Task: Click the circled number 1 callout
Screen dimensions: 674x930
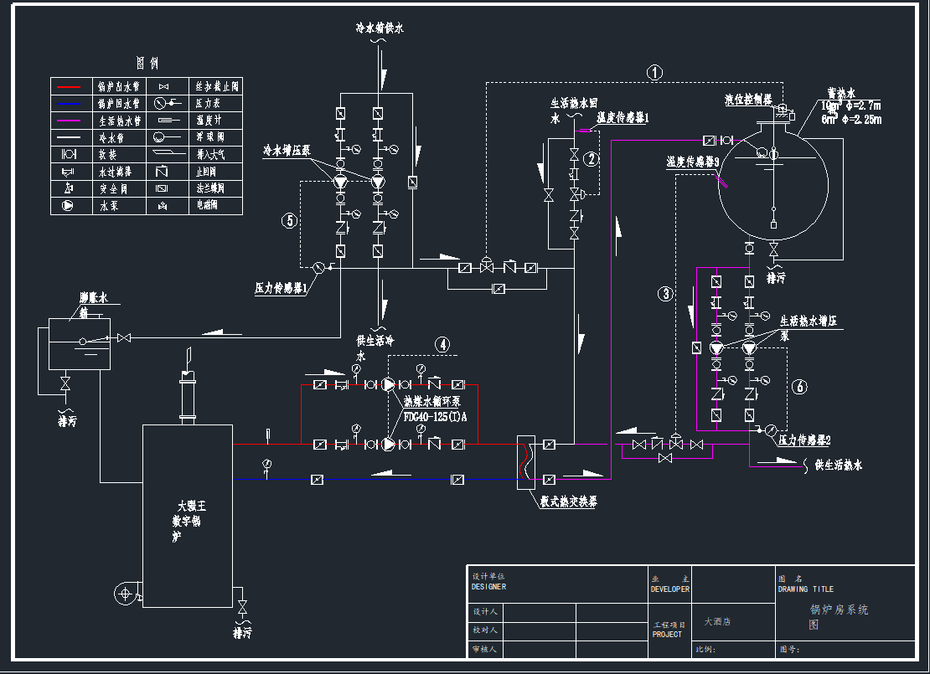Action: point(655,73)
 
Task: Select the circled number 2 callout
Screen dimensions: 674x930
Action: point(592,158)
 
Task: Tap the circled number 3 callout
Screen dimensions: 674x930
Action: point(666,294)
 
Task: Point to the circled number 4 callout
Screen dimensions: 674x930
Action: point(442,344)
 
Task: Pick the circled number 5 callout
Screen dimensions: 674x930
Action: point(290,221)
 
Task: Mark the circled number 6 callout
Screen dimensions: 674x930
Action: point(800,386)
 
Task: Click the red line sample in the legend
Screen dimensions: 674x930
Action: point(69,86)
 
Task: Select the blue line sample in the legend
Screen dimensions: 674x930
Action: point(69,104)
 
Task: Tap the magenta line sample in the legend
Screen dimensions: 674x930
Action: point(69,121)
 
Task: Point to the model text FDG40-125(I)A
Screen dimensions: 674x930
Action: point(435,416)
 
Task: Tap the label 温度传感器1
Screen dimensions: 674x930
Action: point(623,118)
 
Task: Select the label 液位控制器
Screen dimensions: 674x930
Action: point(748,99)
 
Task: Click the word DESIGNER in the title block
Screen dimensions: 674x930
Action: point(488,587)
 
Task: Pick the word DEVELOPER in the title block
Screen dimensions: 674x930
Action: point(670,589)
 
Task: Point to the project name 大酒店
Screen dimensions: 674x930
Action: point(717,622)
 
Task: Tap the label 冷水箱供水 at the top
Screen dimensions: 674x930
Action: point(380,28)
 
